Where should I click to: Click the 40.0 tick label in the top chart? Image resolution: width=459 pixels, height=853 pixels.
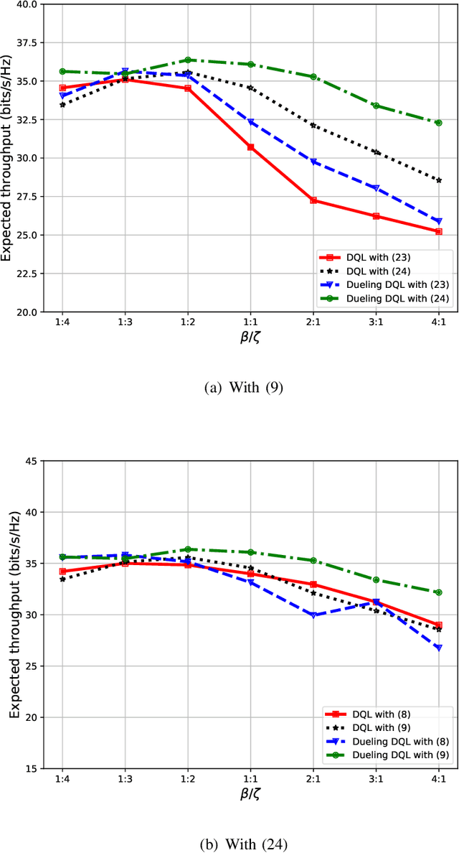(27, 4)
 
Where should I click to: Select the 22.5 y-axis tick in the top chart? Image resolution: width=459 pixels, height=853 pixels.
(27, 274)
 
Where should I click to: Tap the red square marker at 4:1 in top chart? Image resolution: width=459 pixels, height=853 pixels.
(438, 231)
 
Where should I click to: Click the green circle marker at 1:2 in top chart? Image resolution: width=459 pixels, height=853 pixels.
(187, 60)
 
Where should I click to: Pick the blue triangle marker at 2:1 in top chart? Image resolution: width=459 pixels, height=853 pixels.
(313, 162)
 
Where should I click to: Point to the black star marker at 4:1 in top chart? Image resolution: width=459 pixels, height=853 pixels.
(438, 180)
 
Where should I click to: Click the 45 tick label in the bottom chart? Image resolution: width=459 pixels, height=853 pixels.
(32, 461)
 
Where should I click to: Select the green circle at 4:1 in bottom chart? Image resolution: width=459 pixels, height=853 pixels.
(438, 592)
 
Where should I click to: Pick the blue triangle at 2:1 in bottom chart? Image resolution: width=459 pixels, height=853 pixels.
(313, 615)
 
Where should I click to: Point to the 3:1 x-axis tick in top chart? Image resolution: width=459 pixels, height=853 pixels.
(375, 323)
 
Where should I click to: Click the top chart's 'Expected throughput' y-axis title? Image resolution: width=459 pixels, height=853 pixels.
(9, 156)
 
